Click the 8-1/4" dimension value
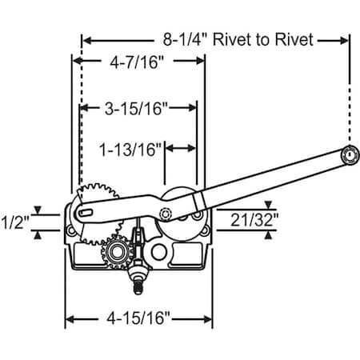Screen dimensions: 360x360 point(185,39)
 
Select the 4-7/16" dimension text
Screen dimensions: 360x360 point(137,62)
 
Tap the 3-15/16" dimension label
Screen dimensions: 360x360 point(136,108)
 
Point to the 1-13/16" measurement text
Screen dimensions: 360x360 point(130,150)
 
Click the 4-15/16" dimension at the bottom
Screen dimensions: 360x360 point(138,318)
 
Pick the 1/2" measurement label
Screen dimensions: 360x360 point(15,222)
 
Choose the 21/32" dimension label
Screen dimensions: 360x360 point(254,220)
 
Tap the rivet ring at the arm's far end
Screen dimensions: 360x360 point(349,155)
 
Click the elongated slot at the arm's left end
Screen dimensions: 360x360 point(86,213)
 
